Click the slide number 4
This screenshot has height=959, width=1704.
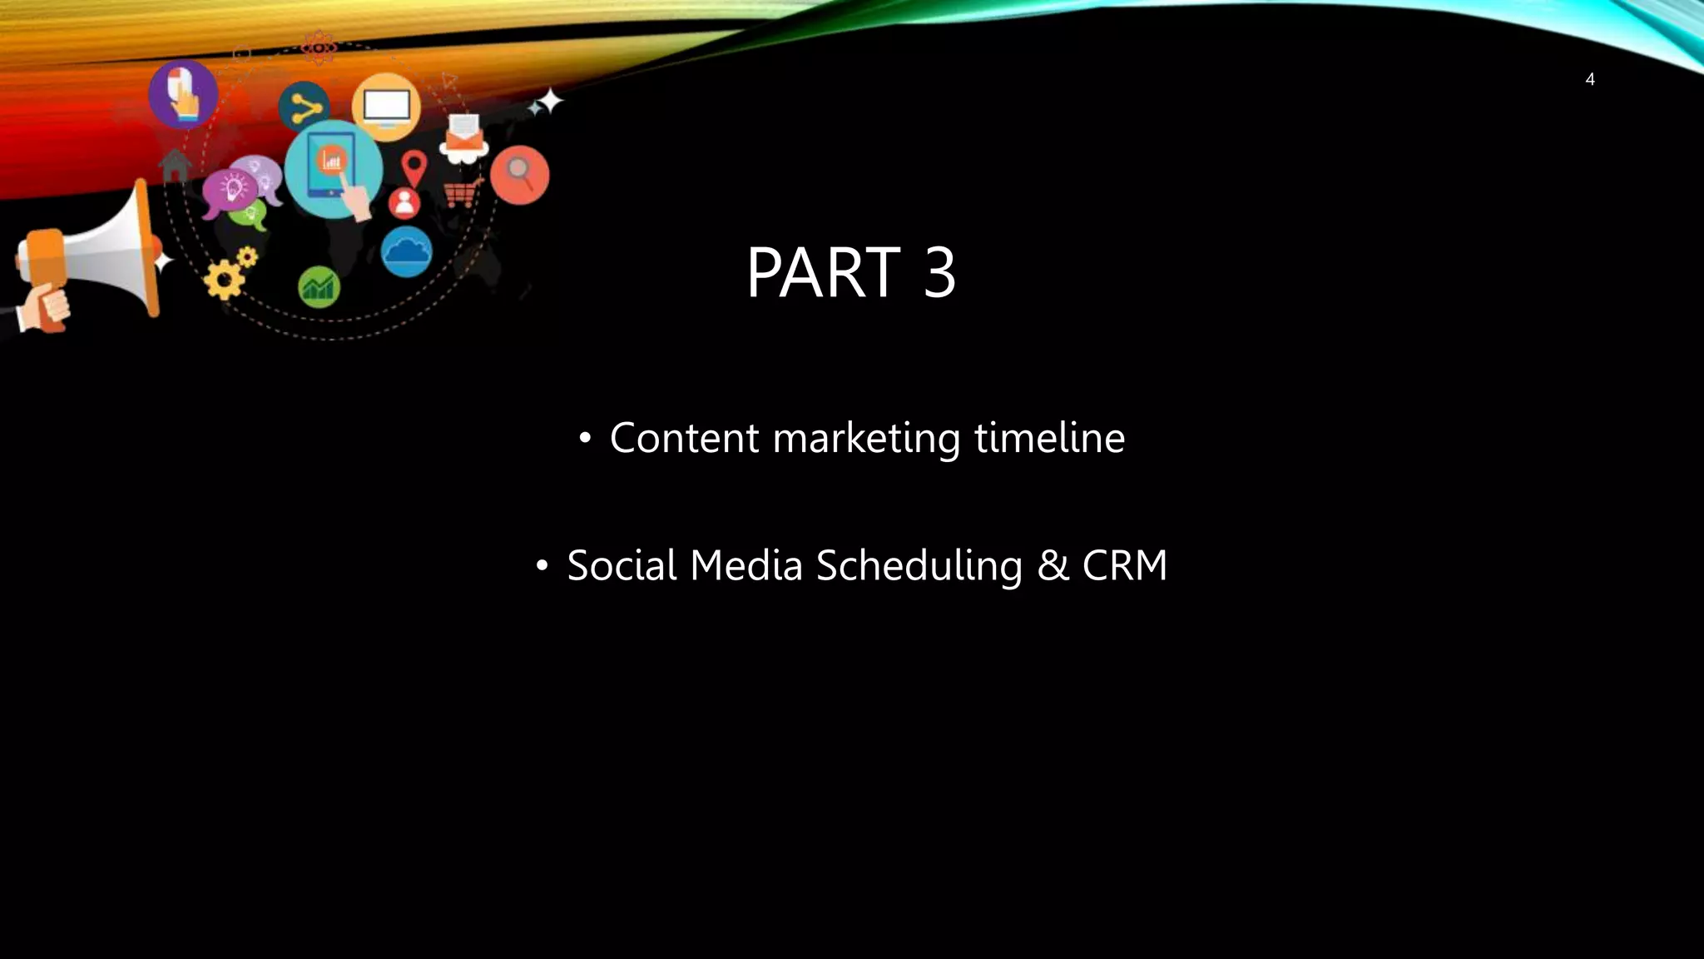[x=1589, y=80]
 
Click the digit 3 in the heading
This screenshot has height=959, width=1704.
[x=939, y=272]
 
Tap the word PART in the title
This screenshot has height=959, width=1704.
[x=823, y=272]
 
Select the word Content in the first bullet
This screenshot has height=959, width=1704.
[x=684, y=438]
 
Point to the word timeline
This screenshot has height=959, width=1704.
[x=1049, y=438]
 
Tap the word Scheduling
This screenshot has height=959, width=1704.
[x=919, y=566]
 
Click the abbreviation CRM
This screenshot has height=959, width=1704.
[x=1124, y=565]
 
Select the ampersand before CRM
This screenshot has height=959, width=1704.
[x=1053, y=565]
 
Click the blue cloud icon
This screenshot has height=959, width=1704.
[x=406, y=251]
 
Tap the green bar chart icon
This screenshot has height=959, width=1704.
[x=319, y=287]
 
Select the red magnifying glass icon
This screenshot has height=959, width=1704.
[x=519, y=174]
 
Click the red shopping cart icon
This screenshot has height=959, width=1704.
[x=463, y=193]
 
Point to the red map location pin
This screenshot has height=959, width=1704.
[x=414, y=167]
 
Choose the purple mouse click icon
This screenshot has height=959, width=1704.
[x=183, y=94]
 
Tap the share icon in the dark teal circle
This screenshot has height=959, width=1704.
[x=305, y=107]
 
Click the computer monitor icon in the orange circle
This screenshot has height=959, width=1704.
[x=386, y=107]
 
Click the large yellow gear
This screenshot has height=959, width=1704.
[x=223, y=280]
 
